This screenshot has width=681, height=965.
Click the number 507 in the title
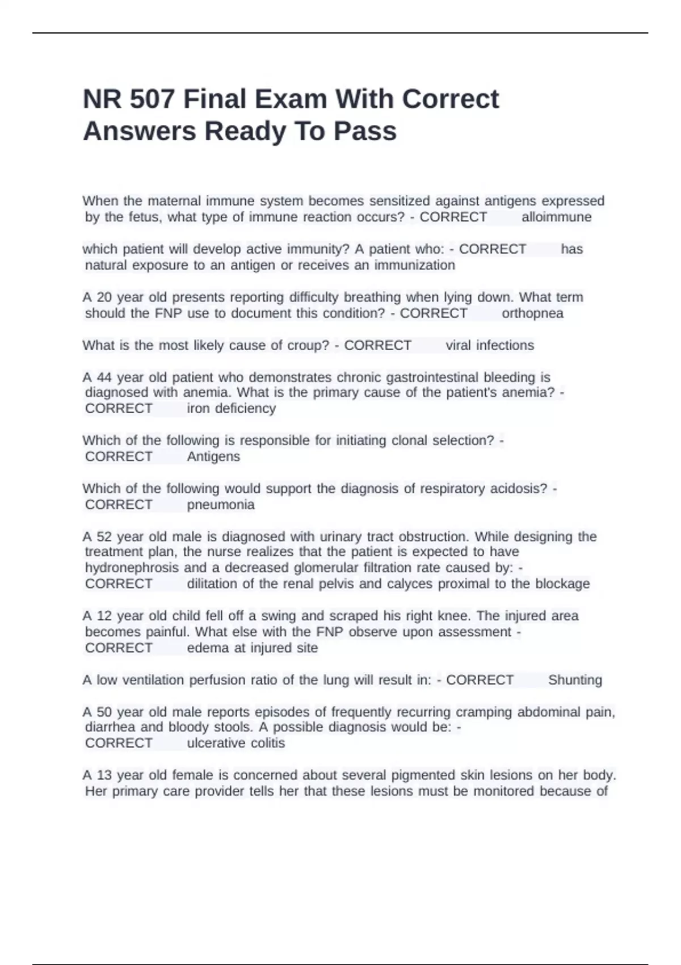152,99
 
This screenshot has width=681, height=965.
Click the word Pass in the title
365,132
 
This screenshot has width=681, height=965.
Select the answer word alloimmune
556,217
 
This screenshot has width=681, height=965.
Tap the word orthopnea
532,313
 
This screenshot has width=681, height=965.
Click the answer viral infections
490,345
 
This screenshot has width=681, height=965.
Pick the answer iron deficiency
231,408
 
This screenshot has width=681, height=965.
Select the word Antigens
213,456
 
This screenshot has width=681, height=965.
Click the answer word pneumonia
221,505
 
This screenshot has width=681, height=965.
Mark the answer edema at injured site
252,648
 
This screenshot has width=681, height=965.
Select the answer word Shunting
575,680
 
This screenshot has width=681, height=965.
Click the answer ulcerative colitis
236,743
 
